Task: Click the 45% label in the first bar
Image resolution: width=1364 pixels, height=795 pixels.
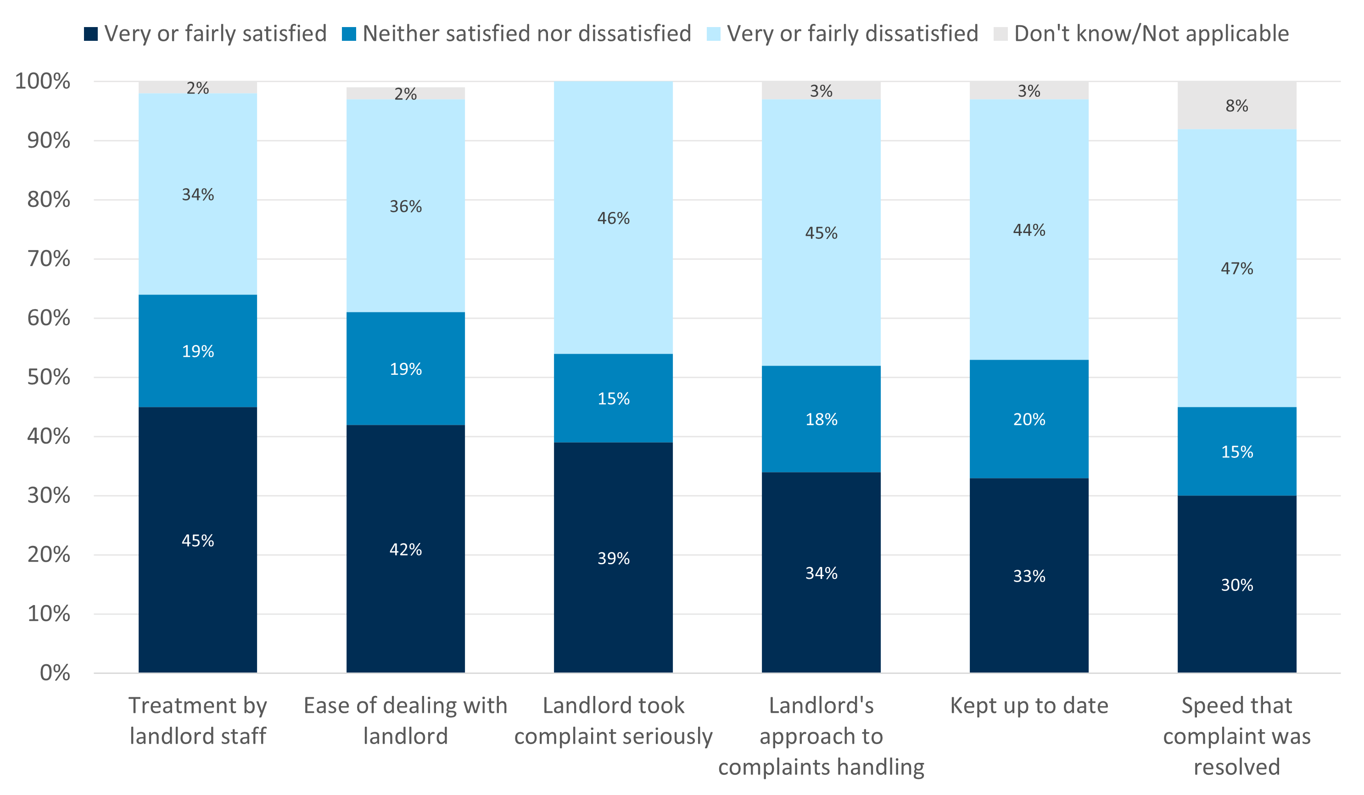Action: pyautogui.click(x=197, y=540)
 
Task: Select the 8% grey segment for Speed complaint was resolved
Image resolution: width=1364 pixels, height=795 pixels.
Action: pyautogui.click(x=1237, y=106)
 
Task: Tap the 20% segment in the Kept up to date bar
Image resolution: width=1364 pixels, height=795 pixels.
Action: pyautogui.click(x=1029, y=419)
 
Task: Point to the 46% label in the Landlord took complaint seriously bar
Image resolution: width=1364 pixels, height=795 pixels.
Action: pyautogui.click(x=613, y=218)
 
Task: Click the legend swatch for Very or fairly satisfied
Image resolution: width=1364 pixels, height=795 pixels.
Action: pyautogui.click(x=91, y=33)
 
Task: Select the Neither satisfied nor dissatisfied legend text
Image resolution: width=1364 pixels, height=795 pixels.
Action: pyautogui.click(x=527, y=33)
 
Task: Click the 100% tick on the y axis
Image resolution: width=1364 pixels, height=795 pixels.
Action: pyautogui.click(x=43, y=81)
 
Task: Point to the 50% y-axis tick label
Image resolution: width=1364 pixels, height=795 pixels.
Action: pyautogui.click(x=49, y=377)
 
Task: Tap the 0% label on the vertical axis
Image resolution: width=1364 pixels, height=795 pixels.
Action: pyautogui.click(x=55, y=673)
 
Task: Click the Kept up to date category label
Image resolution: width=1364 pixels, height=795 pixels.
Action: pyautogui.click(x=1029, y=706)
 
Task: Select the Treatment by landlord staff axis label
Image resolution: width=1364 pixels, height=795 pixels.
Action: pyautogui.click(x=197, y=721)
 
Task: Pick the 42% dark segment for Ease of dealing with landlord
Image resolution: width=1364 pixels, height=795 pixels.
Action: pyautogui.click(x=405, y=549)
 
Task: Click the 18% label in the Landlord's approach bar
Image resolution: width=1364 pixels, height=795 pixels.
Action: pyautogui.click(x=821, y=419)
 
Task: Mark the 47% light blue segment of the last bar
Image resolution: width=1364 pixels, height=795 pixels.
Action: pyautogui.click(x=1237, y=268)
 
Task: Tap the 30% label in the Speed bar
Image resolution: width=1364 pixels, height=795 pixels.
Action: pyautogui.click(x=1237, y=584)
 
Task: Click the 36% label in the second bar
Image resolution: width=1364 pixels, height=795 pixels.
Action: pyautogui.click(x=405, y=206)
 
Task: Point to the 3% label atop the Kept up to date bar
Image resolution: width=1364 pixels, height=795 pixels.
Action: pyautogui.click(x=1029, y=91)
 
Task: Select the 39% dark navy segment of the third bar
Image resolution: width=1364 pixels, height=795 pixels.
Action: pyautogui.click(x=613, y=558)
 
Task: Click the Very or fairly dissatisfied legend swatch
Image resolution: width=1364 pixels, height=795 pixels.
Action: pyautogui.click(x=713, y=33)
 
